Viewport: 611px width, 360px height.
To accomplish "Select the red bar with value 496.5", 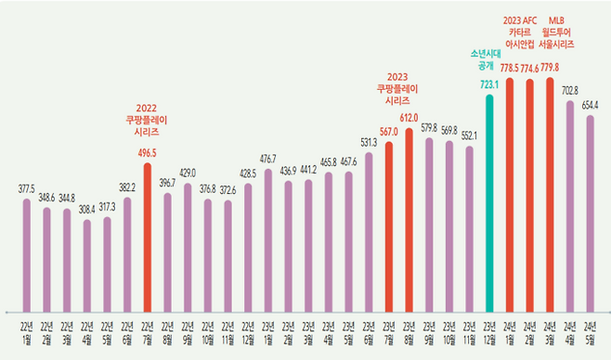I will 148,237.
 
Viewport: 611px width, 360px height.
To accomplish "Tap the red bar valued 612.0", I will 409,218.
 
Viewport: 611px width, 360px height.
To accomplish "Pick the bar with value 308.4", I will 87,264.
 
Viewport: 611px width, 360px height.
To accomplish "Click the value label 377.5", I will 27,188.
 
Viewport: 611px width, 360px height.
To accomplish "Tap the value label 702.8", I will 570,90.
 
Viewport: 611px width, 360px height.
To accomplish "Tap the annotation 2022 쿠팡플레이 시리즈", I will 148,120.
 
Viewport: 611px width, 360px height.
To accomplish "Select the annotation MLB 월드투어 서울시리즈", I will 555,32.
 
